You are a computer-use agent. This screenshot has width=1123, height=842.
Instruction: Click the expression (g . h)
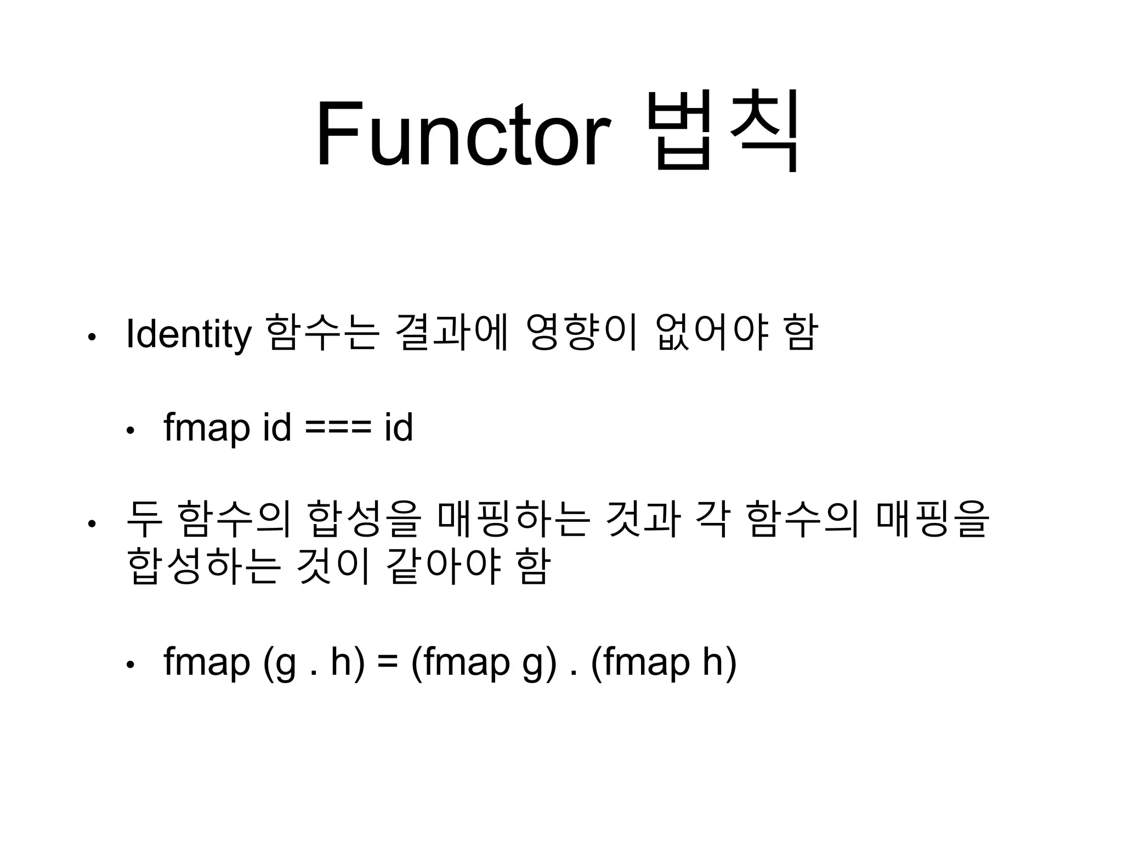314,664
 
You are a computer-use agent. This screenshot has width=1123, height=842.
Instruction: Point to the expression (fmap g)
483,664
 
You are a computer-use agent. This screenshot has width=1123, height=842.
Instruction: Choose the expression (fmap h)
663,664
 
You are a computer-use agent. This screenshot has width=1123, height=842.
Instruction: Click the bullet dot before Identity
92,337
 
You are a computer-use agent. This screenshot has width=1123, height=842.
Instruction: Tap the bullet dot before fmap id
130,431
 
